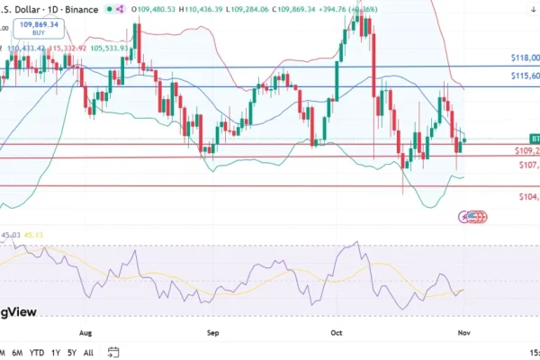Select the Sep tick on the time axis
(213, 330)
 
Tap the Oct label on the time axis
(337, 330)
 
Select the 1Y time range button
(57, 352)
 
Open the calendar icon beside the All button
(113, 352)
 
